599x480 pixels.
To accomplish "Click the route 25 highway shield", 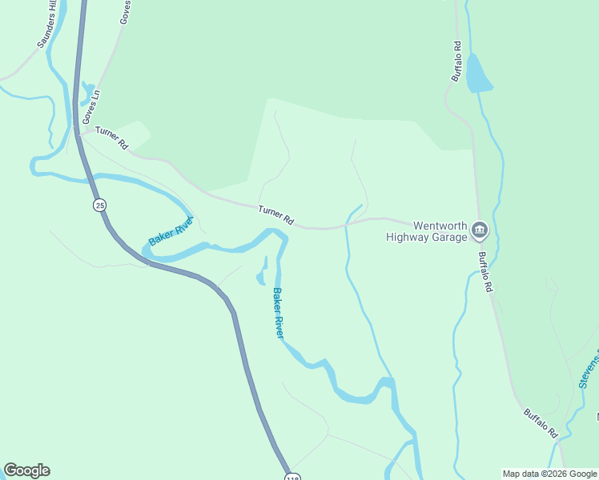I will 99,206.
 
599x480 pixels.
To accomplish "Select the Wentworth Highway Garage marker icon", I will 479,231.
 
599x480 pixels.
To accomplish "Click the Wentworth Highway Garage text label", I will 425,231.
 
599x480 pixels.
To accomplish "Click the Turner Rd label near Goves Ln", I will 111,138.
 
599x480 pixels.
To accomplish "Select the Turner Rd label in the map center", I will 276,214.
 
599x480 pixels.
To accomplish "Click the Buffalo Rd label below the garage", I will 485,273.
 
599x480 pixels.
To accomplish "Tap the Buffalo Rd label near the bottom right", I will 541,422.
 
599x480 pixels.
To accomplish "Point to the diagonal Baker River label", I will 171,231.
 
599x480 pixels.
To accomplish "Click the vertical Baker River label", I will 278,312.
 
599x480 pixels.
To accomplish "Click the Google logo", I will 26,470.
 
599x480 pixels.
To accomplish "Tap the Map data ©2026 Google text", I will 549,474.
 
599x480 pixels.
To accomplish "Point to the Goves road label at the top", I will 125,12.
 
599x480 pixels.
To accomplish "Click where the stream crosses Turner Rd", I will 346,226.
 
